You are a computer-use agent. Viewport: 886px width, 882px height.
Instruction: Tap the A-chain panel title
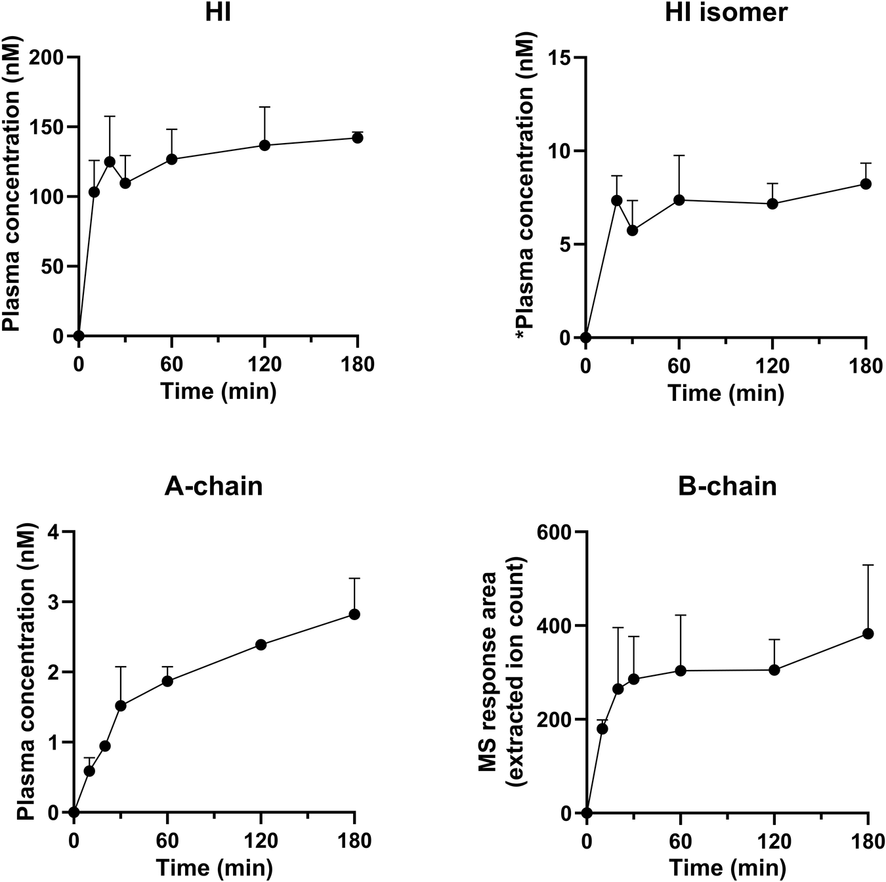coord(213,486)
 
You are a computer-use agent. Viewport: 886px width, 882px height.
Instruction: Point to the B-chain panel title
coord(727,486)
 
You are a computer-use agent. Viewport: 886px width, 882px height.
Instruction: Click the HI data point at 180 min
coord(357,138)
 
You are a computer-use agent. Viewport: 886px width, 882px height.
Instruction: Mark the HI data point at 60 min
coord(172,159)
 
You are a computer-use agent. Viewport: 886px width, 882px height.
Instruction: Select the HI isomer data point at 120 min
coord(772,203)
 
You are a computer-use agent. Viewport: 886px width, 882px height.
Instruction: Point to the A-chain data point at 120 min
coord(261,644)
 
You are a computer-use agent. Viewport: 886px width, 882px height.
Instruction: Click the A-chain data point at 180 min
coord(354,614)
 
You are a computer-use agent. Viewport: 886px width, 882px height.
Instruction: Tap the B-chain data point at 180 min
coord(868,633)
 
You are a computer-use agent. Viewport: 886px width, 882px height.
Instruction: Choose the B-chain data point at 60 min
coord(681,670)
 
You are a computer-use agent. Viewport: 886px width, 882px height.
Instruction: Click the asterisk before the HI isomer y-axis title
coord(522,335)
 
